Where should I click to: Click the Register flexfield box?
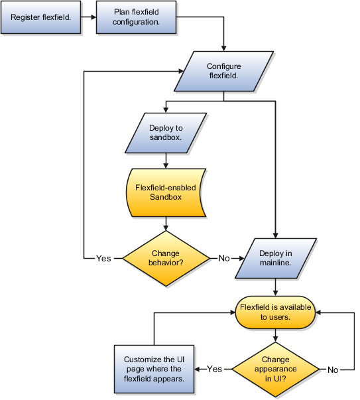pos(41,17)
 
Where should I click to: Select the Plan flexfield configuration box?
pos(136,17)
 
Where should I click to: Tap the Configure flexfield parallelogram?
pos(223,71)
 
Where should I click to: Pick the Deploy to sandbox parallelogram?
pos(166,133)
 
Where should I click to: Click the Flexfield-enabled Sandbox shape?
pos(166,192)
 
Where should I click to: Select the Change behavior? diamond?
pos(166,258)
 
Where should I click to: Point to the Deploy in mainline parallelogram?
pos(276,258)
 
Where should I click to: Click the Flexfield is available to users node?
pos(275,312)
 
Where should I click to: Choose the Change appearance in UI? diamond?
pos(275,369)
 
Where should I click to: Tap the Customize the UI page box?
pos(154,369)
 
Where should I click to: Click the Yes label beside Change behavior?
pos(103,259)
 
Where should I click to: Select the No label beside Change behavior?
pos(224,259)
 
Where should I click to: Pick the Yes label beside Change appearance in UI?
pos(214,369)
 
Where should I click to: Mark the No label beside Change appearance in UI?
pos(333,369)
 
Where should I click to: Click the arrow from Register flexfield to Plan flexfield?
pos(88,17)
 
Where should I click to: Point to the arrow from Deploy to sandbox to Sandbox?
pos(166,161)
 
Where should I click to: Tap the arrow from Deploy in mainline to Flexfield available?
pos(275,287)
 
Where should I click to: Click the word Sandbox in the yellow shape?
pos(166,197)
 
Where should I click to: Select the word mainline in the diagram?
pos(275,263)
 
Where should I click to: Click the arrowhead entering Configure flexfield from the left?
pos(181,71)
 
